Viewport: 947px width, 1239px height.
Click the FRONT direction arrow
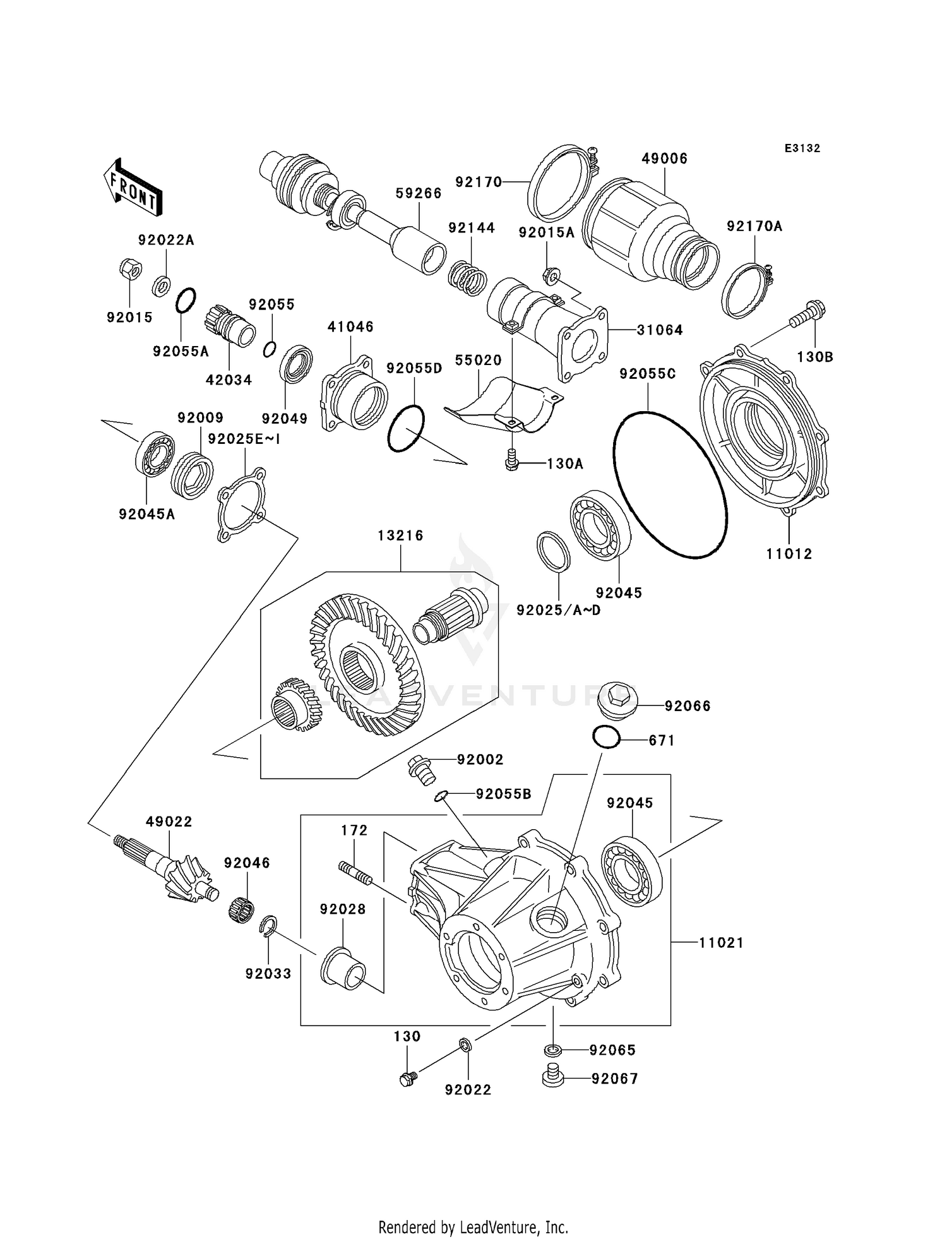tap(133, 188)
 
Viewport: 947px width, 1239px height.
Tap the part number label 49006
tap(664, 159)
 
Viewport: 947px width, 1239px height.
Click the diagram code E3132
tap(802, 148)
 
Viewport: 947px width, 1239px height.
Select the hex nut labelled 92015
tap(129, 270)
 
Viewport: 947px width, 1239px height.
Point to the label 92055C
tap(647, 374)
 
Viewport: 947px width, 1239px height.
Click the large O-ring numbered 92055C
tap(670, 485)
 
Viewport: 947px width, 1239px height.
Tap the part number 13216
tap(400, 536)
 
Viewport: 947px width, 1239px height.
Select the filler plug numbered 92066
tap(618, 699)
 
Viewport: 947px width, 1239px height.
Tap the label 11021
tap(721, 943)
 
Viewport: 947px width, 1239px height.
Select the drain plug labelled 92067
tap(552, 1078)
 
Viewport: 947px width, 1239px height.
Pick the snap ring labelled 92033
tap(268, 927)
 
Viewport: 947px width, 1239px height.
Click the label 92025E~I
tap(244, 439)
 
